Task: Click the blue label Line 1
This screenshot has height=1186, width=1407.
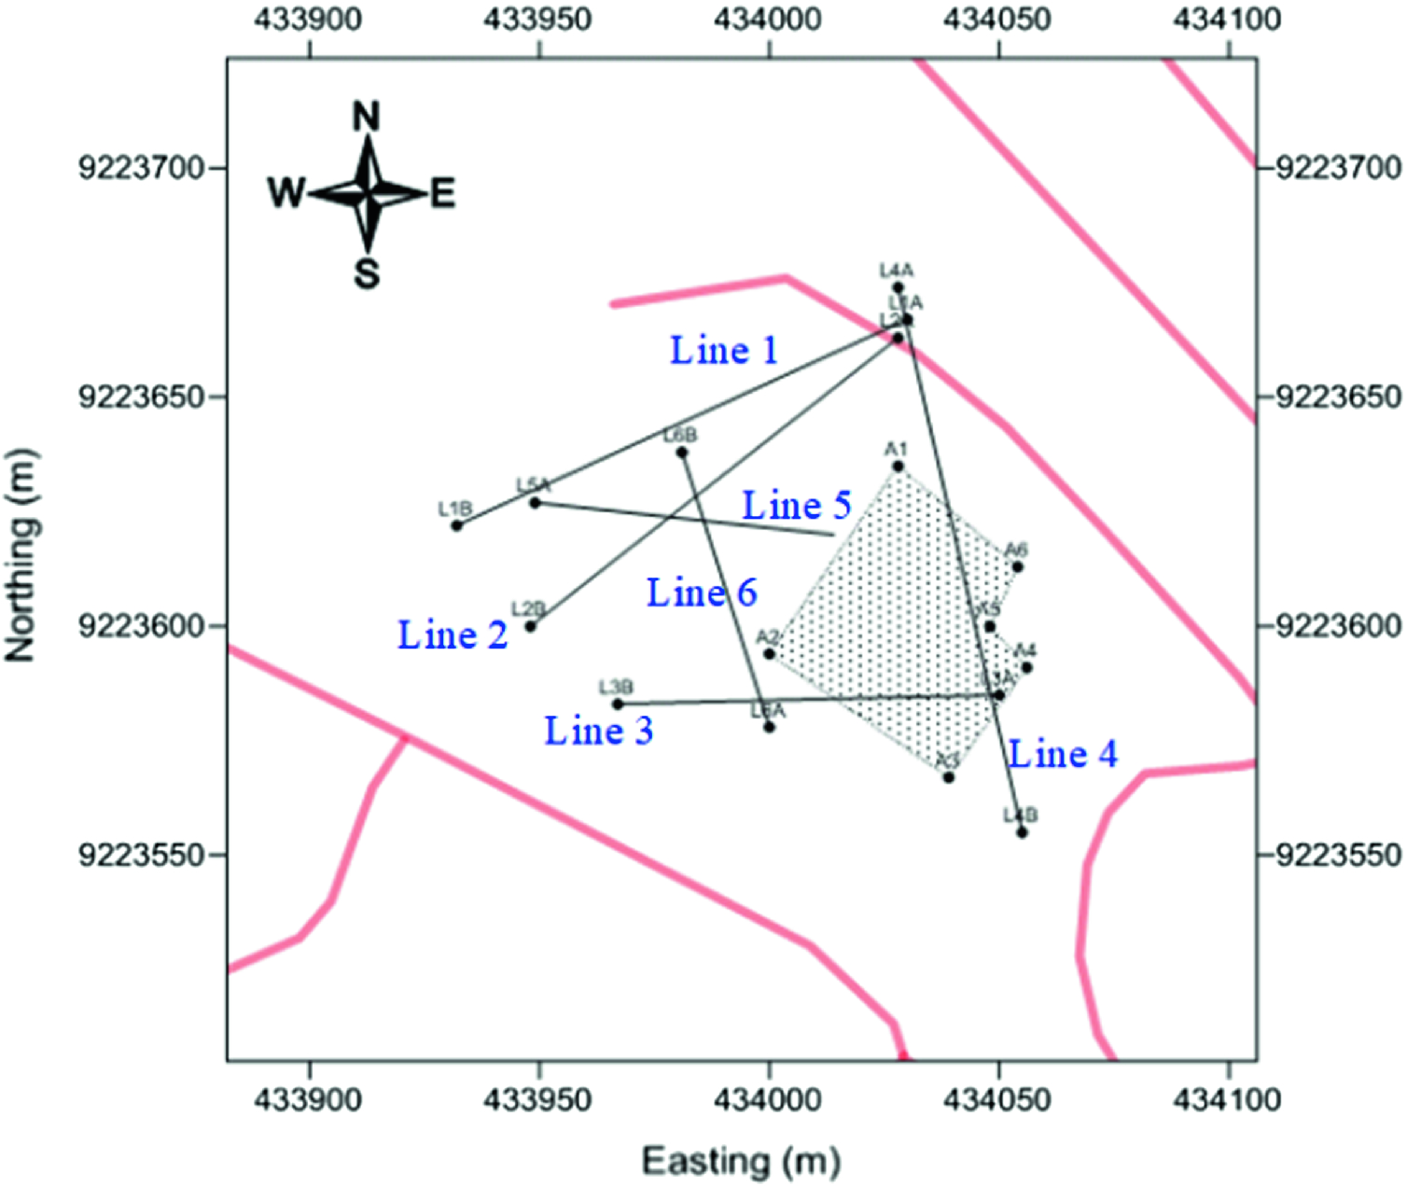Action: (x=724, y=351)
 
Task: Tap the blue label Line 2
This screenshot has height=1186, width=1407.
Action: (x=453, y=635)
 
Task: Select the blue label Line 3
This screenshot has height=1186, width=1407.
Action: (x=598, y=731)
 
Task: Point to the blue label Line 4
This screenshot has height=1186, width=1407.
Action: (x=1063, y=754)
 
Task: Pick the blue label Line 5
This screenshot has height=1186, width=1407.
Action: (x=796, y=506)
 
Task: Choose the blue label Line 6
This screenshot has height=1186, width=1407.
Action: (x=702, y=593)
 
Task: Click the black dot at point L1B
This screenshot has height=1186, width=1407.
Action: (x=456, y=526)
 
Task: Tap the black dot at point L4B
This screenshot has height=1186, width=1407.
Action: (x=1022, y=832)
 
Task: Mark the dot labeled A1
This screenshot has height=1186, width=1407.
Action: (x=898, y=467)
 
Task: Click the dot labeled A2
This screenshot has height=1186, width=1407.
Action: (x=769, y=653)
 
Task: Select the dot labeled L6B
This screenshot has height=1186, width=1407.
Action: (x=682, y=453)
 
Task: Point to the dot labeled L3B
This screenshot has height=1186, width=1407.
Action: (x=617, y=705)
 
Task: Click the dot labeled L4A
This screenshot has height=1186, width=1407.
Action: (x=898, y=287)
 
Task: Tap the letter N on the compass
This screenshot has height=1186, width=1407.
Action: (x=367, y=118)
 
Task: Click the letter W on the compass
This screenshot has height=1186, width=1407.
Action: (x=286, y=193)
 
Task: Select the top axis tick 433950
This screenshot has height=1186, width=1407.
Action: (x=538, y=19)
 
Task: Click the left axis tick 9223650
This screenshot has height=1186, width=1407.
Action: (x=141, y=398)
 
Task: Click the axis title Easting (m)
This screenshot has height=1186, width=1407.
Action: (x=741, y=1162)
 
